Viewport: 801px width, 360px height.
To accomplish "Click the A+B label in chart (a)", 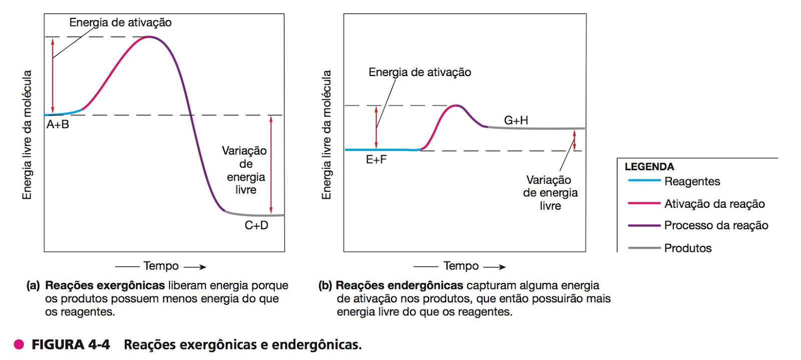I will click(58, 125).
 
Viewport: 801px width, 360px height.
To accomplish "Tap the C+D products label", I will click(256, 226).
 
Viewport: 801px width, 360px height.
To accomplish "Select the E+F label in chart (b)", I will click(376, 160).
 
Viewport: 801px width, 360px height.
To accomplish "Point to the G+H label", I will click(516, 121).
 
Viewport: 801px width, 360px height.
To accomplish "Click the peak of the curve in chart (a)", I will click(148, 37).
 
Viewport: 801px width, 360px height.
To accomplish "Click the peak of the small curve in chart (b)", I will click(456, 106).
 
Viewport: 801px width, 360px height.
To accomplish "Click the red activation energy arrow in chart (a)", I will click(53, 75).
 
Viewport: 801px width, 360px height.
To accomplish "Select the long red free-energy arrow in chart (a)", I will click(271, 165).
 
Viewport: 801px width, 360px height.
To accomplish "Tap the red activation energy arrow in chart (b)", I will click(376, 128).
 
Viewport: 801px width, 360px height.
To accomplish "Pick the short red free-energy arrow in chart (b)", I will click(575, 140).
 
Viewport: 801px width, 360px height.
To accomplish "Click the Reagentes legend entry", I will click(692, 182).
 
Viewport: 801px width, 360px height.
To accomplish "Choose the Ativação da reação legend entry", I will click(714, 204).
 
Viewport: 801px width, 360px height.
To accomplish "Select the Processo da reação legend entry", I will click(716, 226).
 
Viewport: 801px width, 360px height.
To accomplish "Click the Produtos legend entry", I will click(687, 248).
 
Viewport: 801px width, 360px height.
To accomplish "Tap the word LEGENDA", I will click(649, 167).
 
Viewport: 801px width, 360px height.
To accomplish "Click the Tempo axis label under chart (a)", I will click(161, 266).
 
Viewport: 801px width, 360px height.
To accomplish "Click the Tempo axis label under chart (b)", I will click(461, 266).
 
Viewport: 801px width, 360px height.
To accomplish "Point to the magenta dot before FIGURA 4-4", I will click(19, 344).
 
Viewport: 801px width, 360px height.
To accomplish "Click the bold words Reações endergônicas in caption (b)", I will click(399, 285).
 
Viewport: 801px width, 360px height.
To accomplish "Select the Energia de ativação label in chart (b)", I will click(420, 73).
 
